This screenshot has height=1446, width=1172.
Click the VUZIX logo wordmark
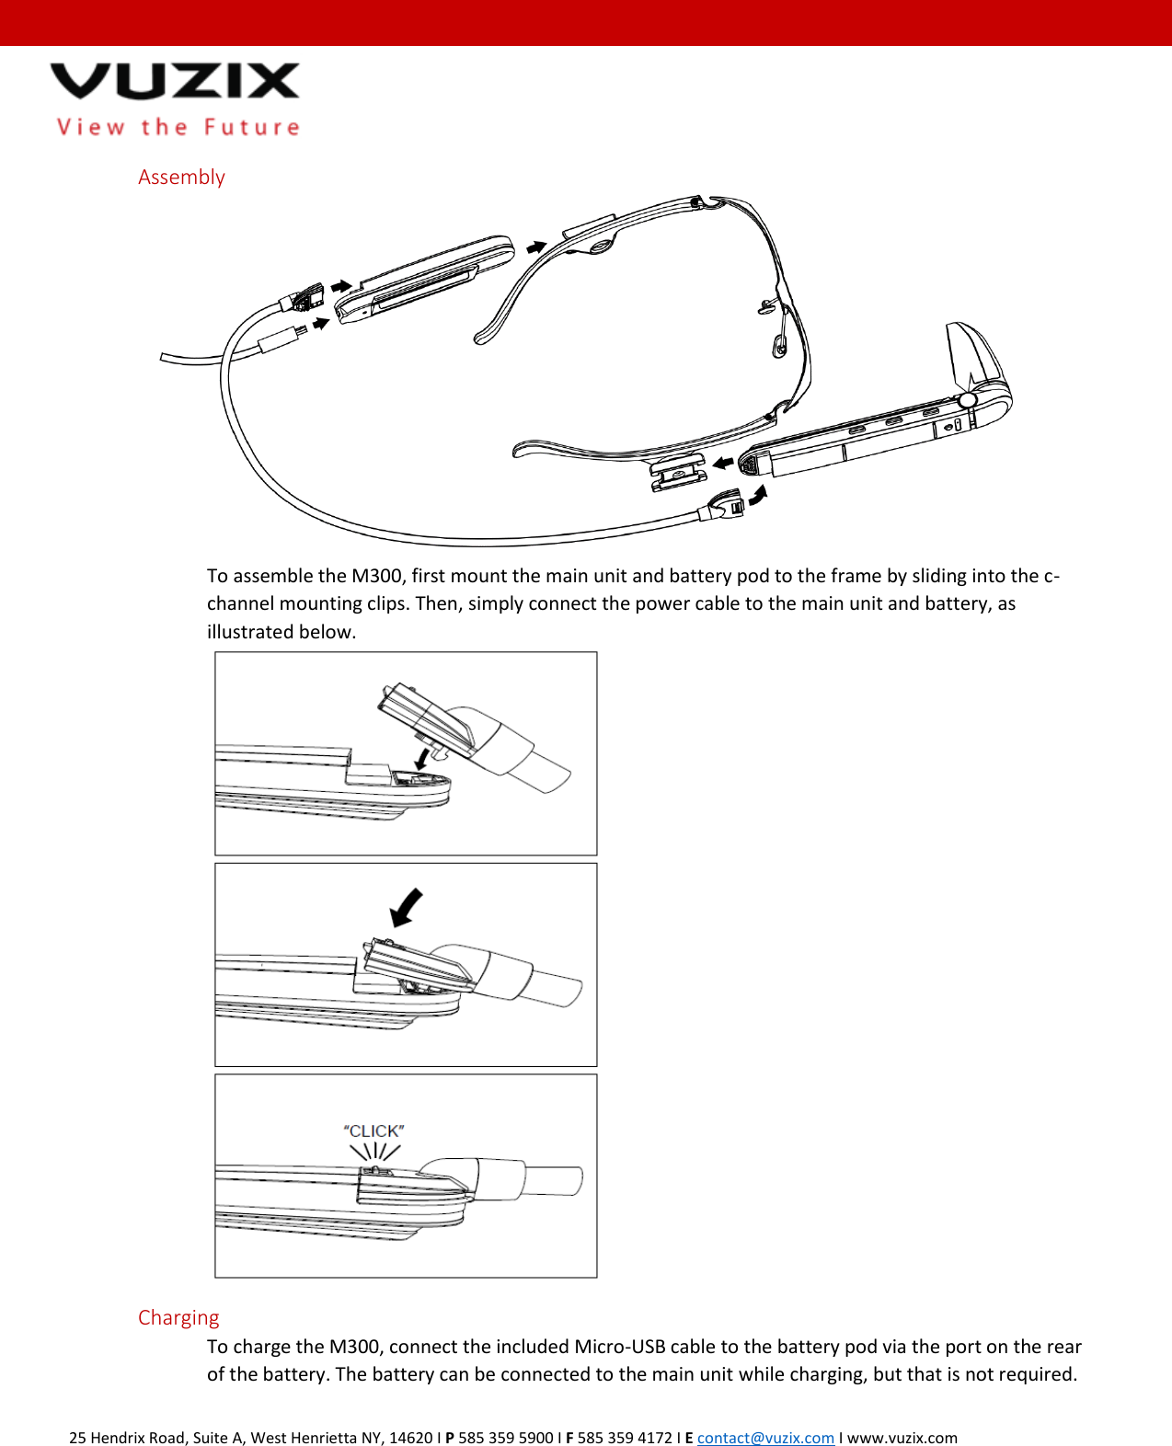175,81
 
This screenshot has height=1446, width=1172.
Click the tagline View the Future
178,127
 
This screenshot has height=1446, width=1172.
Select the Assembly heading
181,177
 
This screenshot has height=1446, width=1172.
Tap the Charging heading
178,1317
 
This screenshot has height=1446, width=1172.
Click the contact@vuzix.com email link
765,1438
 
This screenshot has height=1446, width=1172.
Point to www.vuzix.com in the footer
902,1438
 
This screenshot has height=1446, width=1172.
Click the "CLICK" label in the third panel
373,1130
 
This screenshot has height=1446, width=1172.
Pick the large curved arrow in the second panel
406,907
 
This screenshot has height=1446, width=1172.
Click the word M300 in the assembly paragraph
376,576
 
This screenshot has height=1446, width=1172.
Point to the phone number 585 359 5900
505,1438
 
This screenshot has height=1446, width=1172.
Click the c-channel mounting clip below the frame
678,472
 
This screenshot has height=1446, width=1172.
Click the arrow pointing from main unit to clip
724,462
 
